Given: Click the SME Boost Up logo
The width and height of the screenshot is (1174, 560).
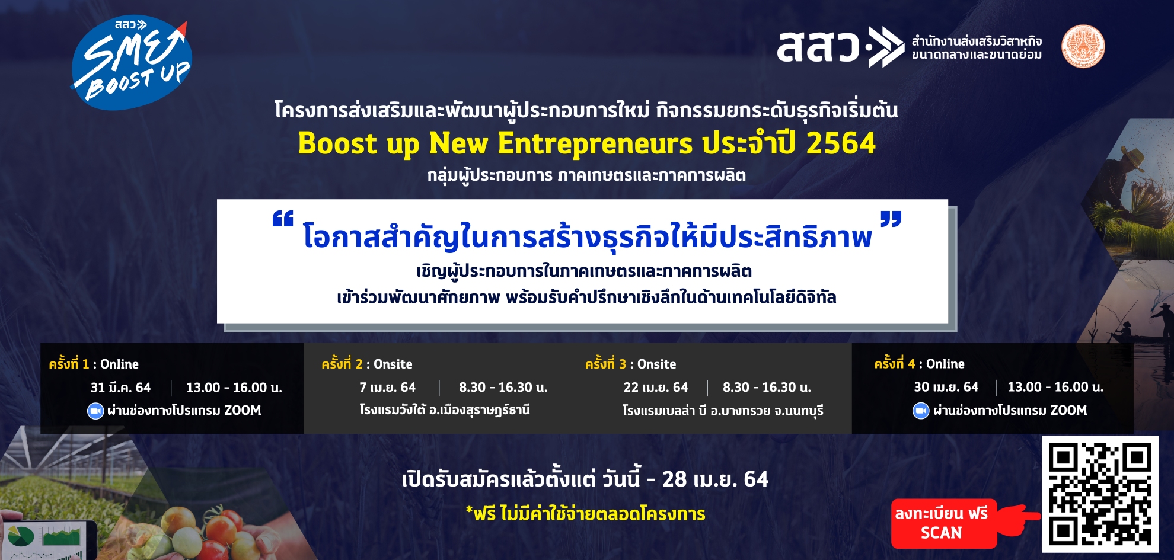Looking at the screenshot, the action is (x=131, y=63).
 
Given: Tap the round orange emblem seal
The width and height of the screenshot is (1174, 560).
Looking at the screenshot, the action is (x=1083, y=46).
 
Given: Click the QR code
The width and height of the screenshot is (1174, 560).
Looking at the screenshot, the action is (x=1100, y=494).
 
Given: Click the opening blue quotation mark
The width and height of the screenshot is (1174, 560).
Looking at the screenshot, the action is (x=283, y=219).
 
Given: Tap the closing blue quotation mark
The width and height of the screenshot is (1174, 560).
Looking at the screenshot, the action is (x=891, y=219).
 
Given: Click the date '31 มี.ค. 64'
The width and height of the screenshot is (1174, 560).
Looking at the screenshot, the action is (x=120, y=388).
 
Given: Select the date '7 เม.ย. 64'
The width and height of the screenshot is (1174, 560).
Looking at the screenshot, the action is (x=387, y=388).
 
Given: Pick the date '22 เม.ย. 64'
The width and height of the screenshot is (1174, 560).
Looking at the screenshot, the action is (x=655, y=388).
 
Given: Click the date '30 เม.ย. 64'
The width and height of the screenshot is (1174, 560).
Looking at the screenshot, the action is (x=946, y=387).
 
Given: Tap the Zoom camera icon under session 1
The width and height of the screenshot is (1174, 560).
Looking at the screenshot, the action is (x=95, y=411).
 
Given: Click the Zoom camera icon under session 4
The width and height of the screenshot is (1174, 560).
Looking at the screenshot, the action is (x=921, y=411).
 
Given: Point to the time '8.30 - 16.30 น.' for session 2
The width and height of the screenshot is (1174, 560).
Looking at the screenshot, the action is (x=503, y=388).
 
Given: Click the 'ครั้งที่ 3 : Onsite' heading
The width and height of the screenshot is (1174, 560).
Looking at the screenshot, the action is (x=630, y=363).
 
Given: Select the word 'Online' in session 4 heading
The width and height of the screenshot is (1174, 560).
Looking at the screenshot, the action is (x=945, y=364).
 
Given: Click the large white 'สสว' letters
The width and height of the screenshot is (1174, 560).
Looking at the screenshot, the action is (x=818, y=46).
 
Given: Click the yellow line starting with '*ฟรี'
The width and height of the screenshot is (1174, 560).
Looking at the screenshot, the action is (x=586, y=513).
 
